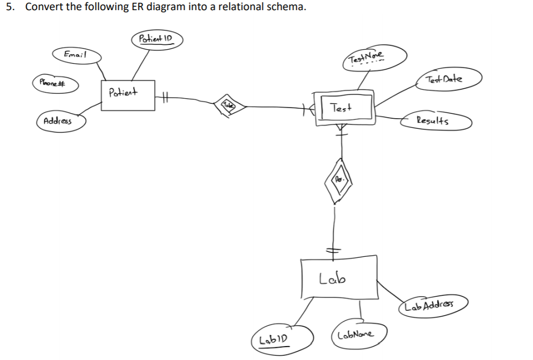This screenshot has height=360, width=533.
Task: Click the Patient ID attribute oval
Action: [x=157, y=40]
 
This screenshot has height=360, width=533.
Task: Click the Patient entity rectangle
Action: [x=127, y=95]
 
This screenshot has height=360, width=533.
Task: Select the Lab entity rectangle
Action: [x=338, y=277]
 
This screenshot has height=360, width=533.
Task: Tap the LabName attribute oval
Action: [x=360, y=335]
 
